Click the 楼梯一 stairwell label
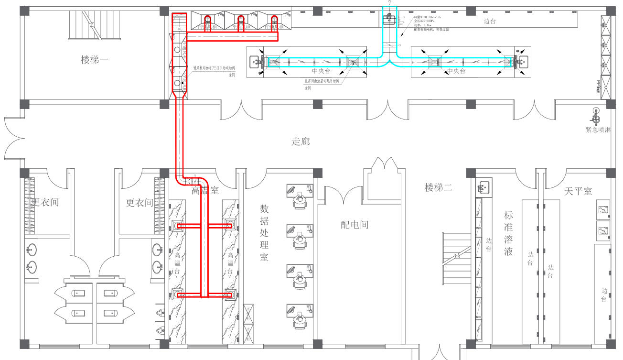click(x=95, y=60)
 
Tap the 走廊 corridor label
click(x=301, y=142)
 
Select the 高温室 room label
click(x=205, y=191)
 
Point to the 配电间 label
click(x=354, y=224)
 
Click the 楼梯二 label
click(x=438, y=187)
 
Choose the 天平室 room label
click(x=578, y=191)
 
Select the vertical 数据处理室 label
click(x=264, y=233)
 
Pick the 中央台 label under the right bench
click(x=456, y=71)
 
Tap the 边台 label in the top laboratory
click(x=489, y=21)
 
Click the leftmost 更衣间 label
click(x=44, y=203)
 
